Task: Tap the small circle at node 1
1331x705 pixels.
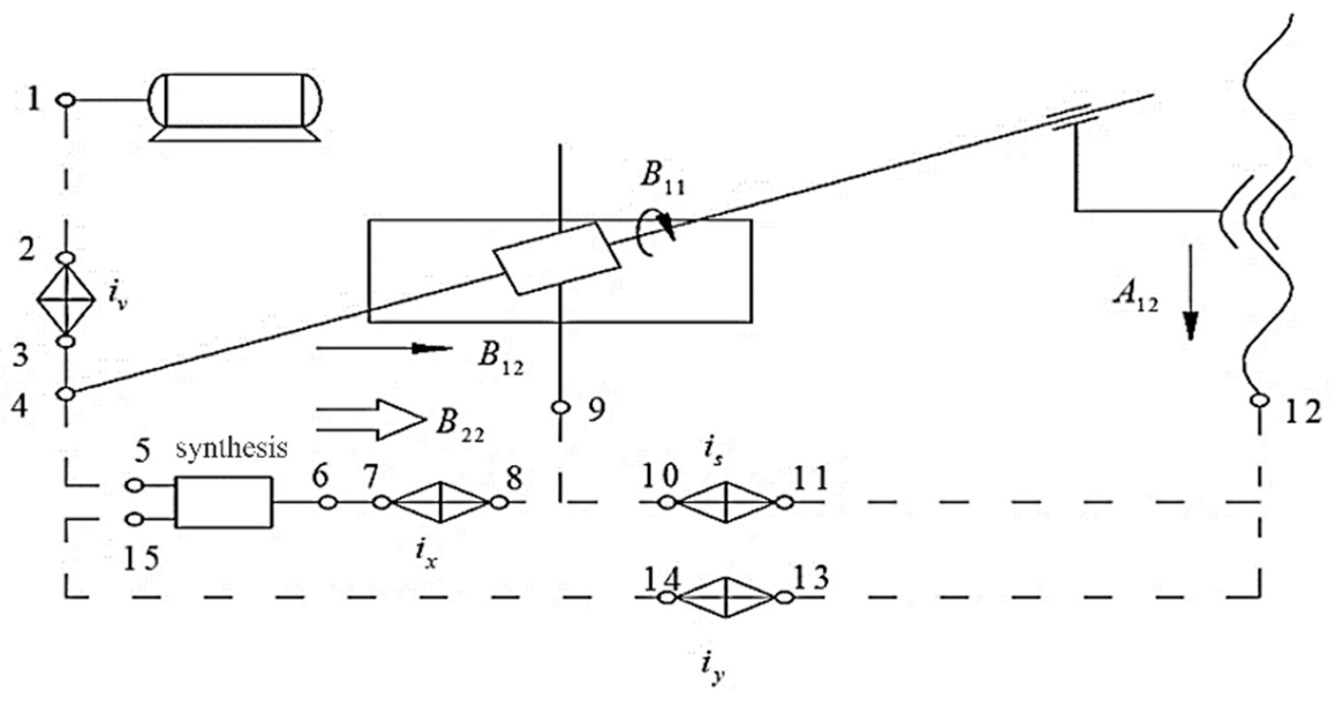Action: click(x=66, y=100)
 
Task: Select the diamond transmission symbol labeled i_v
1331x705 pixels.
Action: click(x=66, y=299)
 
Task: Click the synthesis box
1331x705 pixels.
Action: click(x=224, y=502)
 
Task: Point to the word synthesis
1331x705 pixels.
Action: click(x=231, y=448)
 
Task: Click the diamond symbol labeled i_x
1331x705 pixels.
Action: click(x=440, y=502)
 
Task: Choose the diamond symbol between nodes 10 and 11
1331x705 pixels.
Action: click(x=725, y=502)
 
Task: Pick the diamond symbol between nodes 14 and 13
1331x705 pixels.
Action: click(x=725, y=598)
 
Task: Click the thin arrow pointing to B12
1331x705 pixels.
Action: click(x=383, y=348)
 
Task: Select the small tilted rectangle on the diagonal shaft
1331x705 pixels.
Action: click(x=557, y=258)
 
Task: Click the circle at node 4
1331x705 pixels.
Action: click(x=66, y=393)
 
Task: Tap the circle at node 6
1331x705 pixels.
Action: click(x=327, y=502)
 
